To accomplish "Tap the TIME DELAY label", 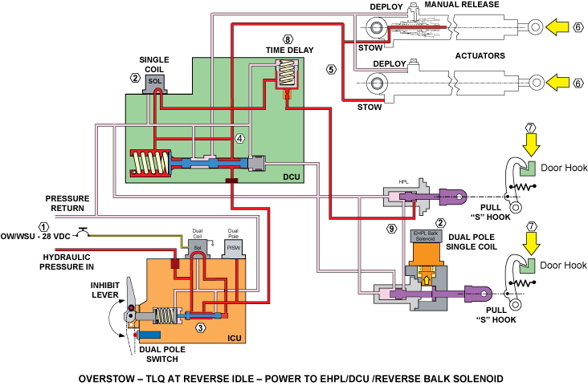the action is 289,50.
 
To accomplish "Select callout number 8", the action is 288,39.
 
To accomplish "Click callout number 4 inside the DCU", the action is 239,138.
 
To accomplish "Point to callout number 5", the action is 331,69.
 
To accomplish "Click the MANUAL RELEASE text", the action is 462,5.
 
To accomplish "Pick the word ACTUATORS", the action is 480,55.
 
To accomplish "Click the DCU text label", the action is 292,177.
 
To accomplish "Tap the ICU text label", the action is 235,338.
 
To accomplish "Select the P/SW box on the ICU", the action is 233,249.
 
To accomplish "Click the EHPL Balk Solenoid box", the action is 425,236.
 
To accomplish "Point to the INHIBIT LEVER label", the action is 105,290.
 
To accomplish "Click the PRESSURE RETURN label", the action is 67,203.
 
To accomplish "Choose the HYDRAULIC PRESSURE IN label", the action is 67,262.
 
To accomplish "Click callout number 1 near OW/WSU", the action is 44,227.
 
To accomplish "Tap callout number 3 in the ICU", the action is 200,328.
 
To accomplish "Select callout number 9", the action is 391,228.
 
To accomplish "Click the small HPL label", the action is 403,181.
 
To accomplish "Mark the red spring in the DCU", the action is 150,163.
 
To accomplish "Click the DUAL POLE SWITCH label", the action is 162,354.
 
